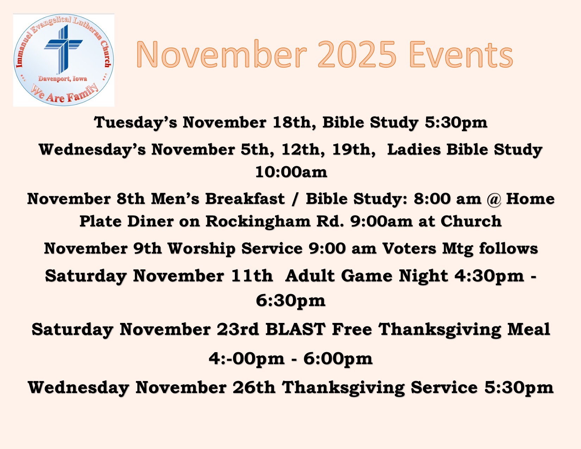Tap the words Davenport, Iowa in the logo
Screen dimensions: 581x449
63,79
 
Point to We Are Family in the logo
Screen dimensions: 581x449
64,93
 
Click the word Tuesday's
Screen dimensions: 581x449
135,123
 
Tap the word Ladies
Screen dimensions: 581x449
414,149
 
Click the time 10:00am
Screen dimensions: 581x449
291,172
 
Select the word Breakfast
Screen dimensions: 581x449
245,199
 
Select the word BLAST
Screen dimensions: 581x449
295,329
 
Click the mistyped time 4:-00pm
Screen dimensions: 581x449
246,358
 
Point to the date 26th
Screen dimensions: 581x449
254,387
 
